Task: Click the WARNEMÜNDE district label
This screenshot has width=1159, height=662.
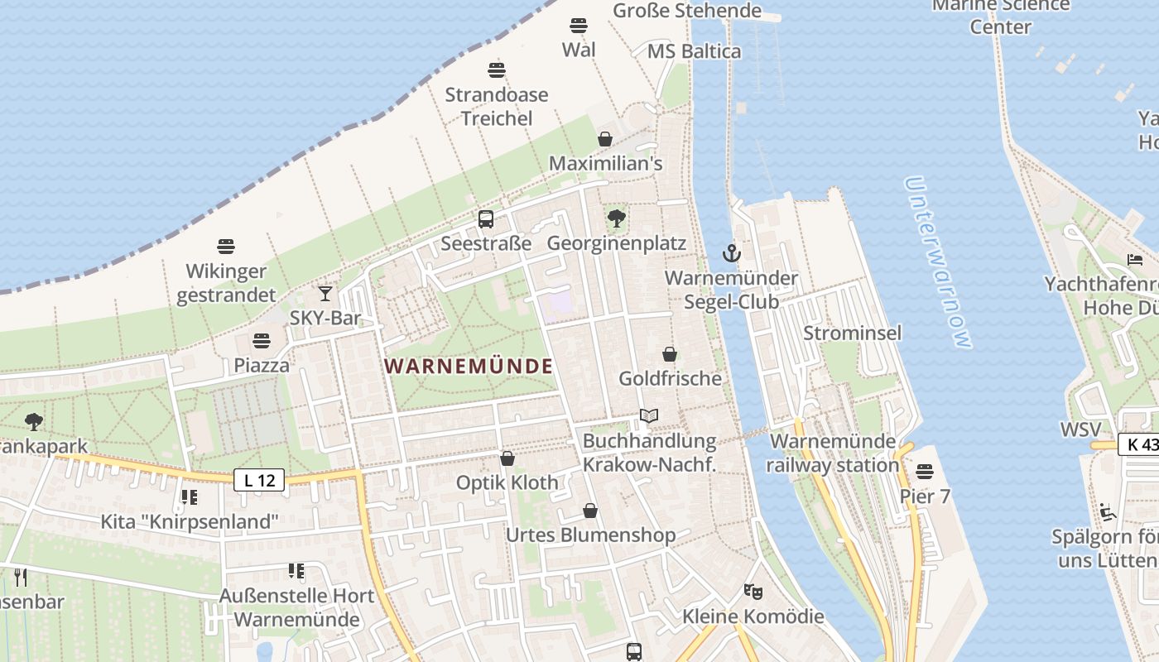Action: click(469, 366)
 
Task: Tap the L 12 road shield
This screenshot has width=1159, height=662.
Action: click(259, 479)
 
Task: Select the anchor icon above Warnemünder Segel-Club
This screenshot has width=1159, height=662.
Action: click(731, 253)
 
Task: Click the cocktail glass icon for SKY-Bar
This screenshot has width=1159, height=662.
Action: click(325, 293)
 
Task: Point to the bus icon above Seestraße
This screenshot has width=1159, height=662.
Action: click(486, 219)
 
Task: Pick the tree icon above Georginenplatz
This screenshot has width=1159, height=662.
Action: click(616, 218)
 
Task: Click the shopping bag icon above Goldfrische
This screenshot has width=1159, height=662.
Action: click(670, 354)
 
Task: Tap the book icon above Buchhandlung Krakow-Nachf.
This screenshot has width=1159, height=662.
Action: click(649, 416)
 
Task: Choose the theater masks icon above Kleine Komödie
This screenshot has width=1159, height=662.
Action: click(753, 592)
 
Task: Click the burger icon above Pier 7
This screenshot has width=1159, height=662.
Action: click(925, 472)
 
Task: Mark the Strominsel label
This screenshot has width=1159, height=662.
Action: click(852, 333)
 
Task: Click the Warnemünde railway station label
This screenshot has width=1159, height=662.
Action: click(832, 453)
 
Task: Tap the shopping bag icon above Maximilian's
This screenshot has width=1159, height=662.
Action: click(605, 139)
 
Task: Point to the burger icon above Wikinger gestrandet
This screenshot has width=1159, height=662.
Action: click(226, 247)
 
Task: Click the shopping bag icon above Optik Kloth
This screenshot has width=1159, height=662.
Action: click(507, 458)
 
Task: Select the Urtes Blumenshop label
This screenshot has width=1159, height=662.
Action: click(590, 535)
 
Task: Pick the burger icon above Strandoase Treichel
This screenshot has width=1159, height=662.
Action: click(497, 70)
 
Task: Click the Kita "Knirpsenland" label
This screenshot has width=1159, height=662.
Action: click(190, 522)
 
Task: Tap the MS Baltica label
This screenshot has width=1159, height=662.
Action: click(694, 51)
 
